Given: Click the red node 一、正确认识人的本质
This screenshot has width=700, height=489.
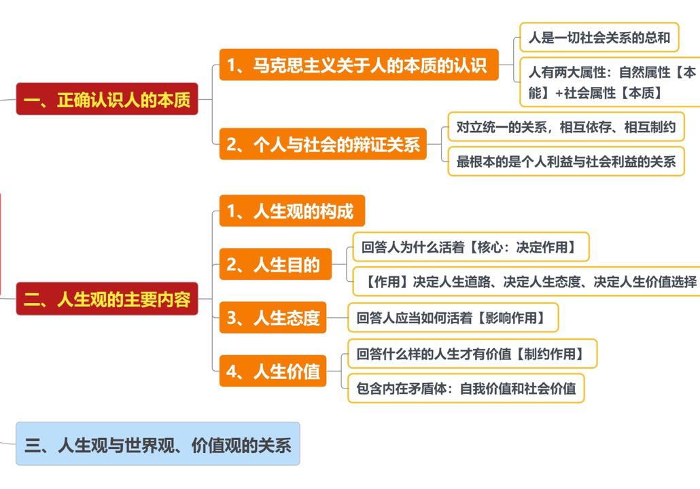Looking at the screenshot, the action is tap(107, 99).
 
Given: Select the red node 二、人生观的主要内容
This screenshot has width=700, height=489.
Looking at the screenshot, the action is tap(107, 299).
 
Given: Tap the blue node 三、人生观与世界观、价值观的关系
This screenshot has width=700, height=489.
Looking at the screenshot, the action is tap(158, 444).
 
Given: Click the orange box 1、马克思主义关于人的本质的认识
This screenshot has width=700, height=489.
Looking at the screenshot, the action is tap(358, 65).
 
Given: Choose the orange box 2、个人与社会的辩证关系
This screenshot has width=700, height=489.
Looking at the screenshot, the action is tap(323, 144).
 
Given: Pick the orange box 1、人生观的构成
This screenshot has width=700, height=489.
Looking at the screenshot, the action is tap(292, 211).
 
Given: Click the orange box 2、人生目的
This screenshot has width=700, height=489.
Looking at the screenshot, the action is tap(275, 264).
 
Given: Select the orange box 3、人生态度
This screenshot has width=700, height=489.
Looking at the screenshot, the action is tap(273, 317).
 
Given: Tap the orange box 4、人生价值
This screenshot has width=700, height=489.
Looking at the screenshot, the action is tap(273, 371).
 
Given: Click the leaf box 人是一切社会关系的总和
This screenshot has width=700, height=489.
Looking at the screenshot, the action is tap(599, 38).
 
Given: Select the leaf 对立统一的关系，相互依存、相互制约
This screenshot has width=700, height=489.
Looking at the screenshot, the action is tap(565, 126).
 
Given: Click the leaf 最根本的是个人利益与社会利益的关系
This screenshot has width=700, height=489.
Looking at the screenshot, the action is tap(565, 162).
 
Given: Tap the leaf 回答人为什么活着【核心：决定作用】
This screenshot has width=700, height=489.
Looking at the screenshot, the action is tap(470, 247).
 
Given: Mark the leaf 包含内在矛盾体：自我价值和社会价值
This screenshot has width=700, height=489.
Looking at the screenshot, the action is tap(466, 388).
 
